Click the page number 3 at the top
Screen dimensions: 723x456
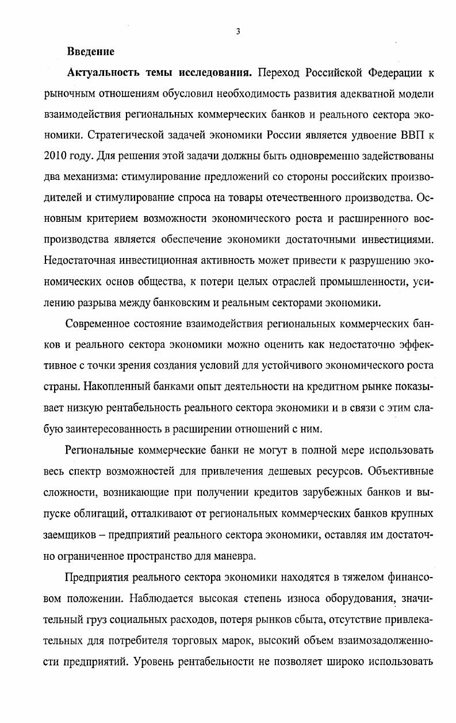pos(237,32)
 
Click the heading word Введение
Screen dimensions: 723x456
pos(91,52)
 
